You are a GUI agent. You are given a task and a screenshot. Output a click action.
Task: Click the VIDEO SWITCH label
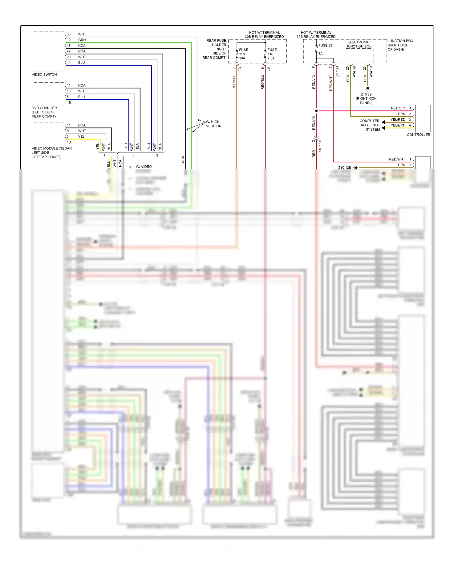click(44, 75)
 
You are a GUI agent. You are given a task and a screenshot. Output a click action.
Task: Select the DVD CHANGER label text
click(44, 108)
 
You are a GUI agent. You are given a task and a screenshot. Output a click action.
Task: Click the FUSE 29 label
click(325, 45)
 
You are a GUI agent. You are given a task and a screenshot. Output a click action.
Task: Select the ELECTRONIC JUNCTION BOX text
click(359, 44)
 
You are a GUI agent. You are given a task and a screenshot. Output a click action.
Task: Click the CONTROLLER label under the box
click(418, 135)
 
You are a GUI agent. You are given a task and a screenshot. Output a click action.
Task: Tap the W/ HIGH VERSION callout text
click(213, 124)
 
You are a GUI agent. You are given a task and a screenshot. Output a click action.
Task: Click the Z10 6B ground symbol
click(367, 89)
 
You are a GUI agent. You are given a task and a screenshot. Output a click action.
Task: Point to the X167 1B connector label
click(320, 146)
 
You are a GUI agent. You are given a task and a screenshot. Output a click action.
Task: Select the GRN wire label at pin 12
click(82, 40)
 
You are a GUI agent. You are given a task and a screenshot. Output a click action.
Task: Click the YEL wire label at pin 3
click(81, 137)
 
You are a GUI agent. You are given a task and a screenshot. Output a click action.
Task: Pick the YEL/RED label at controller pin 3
click(398, 119)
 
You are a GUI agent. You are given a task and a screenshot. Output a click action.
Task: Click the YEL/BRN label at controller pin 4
click(398, 125)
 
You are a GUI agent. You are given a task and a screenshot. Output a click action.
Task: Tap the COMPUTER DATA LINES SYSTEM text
click(369, 125)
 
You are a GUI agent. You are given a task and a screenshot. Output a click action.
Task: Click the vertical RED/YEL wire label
click(234, 82)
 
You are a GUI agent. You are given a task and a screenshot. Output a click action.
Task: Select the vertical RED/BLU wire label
click(262, 82)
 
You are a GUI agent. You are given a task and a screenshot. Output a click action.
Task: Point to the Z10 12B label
click(344, 168)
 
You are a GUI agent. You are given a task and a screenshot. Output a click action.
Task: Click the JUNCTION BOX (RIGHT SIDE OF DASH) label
click(400, 45)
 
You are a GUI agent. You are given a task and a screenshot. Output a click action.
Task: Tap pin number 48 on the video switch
click(69, 46)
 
